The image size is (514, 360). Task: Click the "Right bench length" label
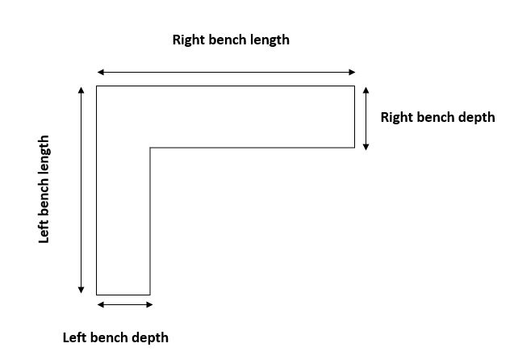pos(231,40)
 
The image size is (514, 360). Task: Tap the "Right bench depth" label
pos(437,117)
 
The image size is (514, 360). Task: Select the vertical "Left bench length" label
pos(44,188)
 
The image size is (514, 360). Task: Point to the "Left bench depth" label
pos(115,337)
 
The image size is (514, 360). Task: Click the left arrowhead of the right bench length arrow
pos(100,73)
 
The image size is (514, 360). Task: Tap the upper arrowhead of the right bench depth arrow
pos(366,90)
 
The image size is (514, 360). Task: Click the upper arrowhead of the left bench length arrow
pos(81,89)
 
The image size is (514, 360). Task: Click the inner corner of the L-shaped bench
pos(150,148)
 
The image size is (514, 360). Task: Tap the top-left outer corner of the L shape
pos(97,86)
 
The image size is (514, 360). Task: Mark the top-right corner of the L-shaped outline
pos(354,86)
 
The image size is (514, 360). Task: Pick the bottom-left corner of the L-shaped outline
pos(97,295)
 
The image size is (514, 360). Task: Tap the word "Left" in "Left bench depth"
pos(75,337)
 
